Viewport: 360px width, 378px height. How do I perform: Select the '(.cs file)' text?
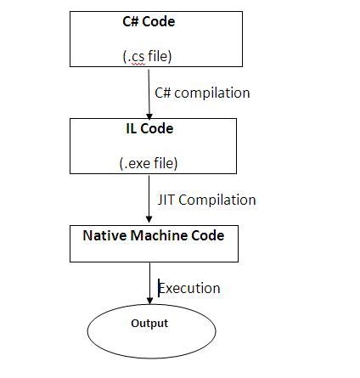[x=147, y=57]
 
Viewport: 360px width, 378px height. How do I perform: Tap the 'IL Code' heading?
[x=149, y=128]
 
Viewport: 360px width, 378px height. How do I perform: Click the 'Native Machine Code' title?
[x=154, y=234]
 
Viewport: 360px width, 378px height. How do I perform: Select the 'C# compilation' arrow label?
[x=203, y=93]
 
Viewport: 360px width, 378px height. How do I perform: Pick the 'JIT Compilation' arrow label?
[x=206, y=200]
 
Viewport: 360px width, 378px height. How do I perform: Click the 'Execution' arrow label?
[x=189, y=288]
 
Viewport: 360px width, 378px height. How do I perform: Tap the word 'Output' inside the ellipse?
[x=149, y=323]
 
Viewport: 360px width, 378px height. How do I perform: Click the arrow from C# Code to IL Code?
[x=149, y=93]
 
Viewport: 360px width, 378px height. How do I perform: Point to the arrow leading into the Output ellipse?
[x=150, y=280]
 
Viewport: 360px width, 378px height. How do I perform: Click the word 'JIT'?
[x=168, y=200]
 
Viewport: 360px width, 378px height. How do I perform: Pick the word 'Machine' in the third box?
[x=160, y=234]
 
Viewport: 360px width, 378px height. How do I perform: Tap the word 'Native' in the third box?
[x=104, y=234]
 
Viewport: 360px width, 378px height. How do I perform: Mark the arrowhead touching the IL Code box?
[x=149, y=116]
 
